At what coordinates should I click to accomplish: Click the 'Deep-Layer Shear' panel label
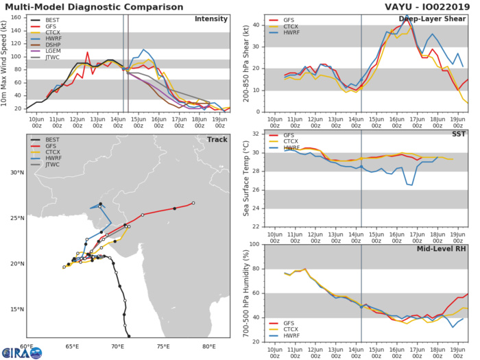pos(437,19)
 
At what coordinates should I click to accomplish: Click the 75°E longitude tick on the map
pos(163,347)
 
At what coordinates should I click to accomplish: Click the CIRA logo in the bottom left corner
pos(21,352)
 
